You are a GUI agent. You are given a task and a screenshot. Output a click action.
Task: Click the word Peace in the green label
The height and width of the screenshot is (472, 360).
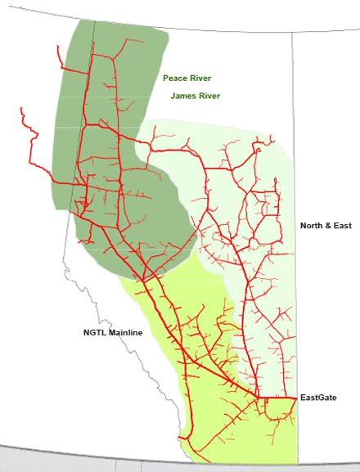(x=173, y=79)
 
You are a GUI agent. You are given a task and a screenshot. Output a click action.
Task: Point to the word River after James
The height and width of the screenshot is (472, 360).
(x=211, y=97)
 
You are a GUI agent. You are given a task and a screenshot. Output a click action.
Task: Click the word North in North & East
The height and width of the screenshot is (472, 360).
(x=312, y=225)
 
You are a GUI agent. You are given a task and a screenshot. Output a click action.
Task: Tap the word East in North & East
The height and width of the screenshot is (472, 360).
(x=341, y=225)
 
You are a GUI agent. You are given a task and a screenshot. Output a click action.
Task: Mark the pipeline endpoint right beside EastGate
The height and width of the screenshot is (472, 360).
(x=295, y=398)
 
